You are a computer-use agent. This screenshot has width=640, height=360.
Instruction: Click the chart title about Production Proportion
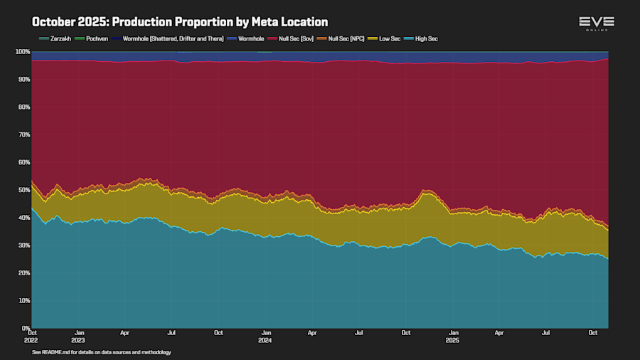(180, 22)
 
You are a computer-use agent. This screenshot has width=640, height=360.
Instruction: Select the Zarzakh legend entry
(55, 38)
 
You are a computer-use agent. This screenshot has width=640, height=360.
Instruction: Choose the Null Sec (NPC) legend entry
(346, 38)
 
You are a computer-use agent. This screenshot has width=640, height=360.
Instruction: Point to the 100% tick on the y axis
(21, 52)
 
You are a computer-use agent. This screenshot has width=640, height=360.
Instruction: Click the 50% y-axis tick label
(23, 190)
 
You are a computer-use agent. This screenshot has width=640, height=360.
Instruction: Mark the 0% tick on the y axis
(25, 328)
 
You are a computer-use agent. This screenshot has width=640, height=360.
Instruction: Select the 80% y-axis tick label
(23, 107)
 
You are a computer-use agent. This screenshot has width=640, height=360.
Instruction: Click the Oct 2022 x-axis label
(32, 336)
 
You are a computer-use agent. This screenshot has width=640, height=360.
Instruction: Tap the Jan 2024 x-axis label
(266, 336)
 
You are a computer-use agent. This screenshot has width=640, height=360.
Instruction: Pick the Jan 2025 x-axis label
(453, 336)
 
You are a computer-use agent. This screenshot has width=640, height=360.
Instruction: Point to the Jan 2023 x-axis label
(79, 336)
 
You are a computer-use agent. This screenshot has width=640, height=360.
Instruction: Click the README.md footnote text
(102, 352)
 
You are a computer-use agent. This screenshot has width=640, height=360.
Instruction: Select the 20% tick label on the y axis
(23, 273)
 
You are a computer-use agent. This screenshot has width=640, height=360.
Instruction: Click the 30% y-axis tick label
(23, 245)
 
